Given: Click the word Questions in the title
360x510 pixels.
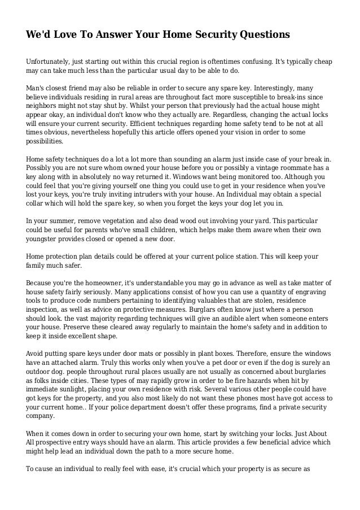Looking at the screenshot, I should tap(261, 34).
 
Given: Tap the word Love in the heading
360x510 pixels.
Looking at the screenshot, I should tap(60, 34).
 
